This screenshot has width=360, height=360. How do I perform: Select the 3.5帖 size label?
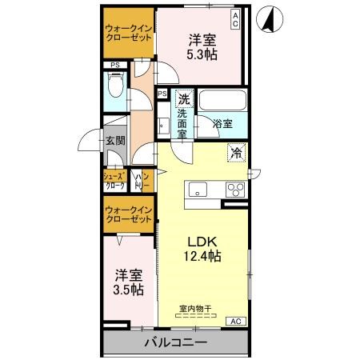129,290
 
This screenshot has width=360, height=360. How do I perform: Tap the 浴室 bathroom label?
222,123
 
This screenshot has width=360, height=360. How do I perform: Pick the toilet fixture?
115,87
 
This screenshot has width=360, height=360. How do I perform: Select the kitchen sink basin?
197,190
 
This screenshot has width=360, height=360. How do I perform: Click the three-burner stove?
235,190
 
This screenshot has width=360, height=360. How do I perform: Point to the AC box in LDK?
237,322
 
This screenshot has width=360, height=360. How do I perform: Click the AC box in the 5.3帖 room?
236,22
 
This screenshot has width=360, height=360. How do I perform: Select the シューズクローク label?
112,180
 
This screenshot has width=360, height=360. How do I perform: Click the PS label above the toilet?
115,65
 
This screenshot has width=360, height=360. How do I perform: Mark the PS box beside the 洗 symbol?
163,94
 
